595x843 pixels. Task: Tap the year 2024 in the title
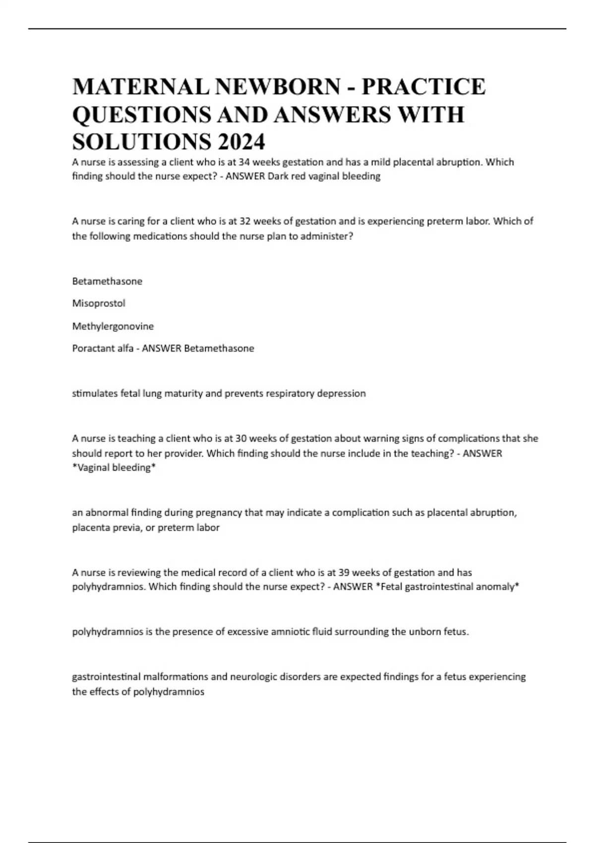click(x=241, y=143)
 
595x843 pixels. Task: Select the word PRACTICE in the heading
click(x=423, y=87)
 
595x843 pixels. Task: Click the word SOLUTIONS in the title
click(x=141, y=143)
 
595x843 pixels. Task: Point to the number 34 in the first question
click(x=244, y=162)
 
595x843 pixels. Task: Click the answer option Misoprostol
click(x=99, y=303)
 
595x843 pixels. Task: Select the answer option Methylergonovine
click(x=113, y=326)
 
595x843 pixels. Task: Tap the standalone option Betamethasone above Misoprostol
click(x=107, y=281)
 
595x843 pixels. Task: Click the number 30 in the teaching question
click(x=254, y=438)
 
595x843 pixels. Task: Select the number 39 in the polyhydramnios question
click(x=344, y=572)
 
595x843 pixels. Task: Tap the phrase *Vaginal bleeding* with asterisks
click(x=114, y=468)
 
